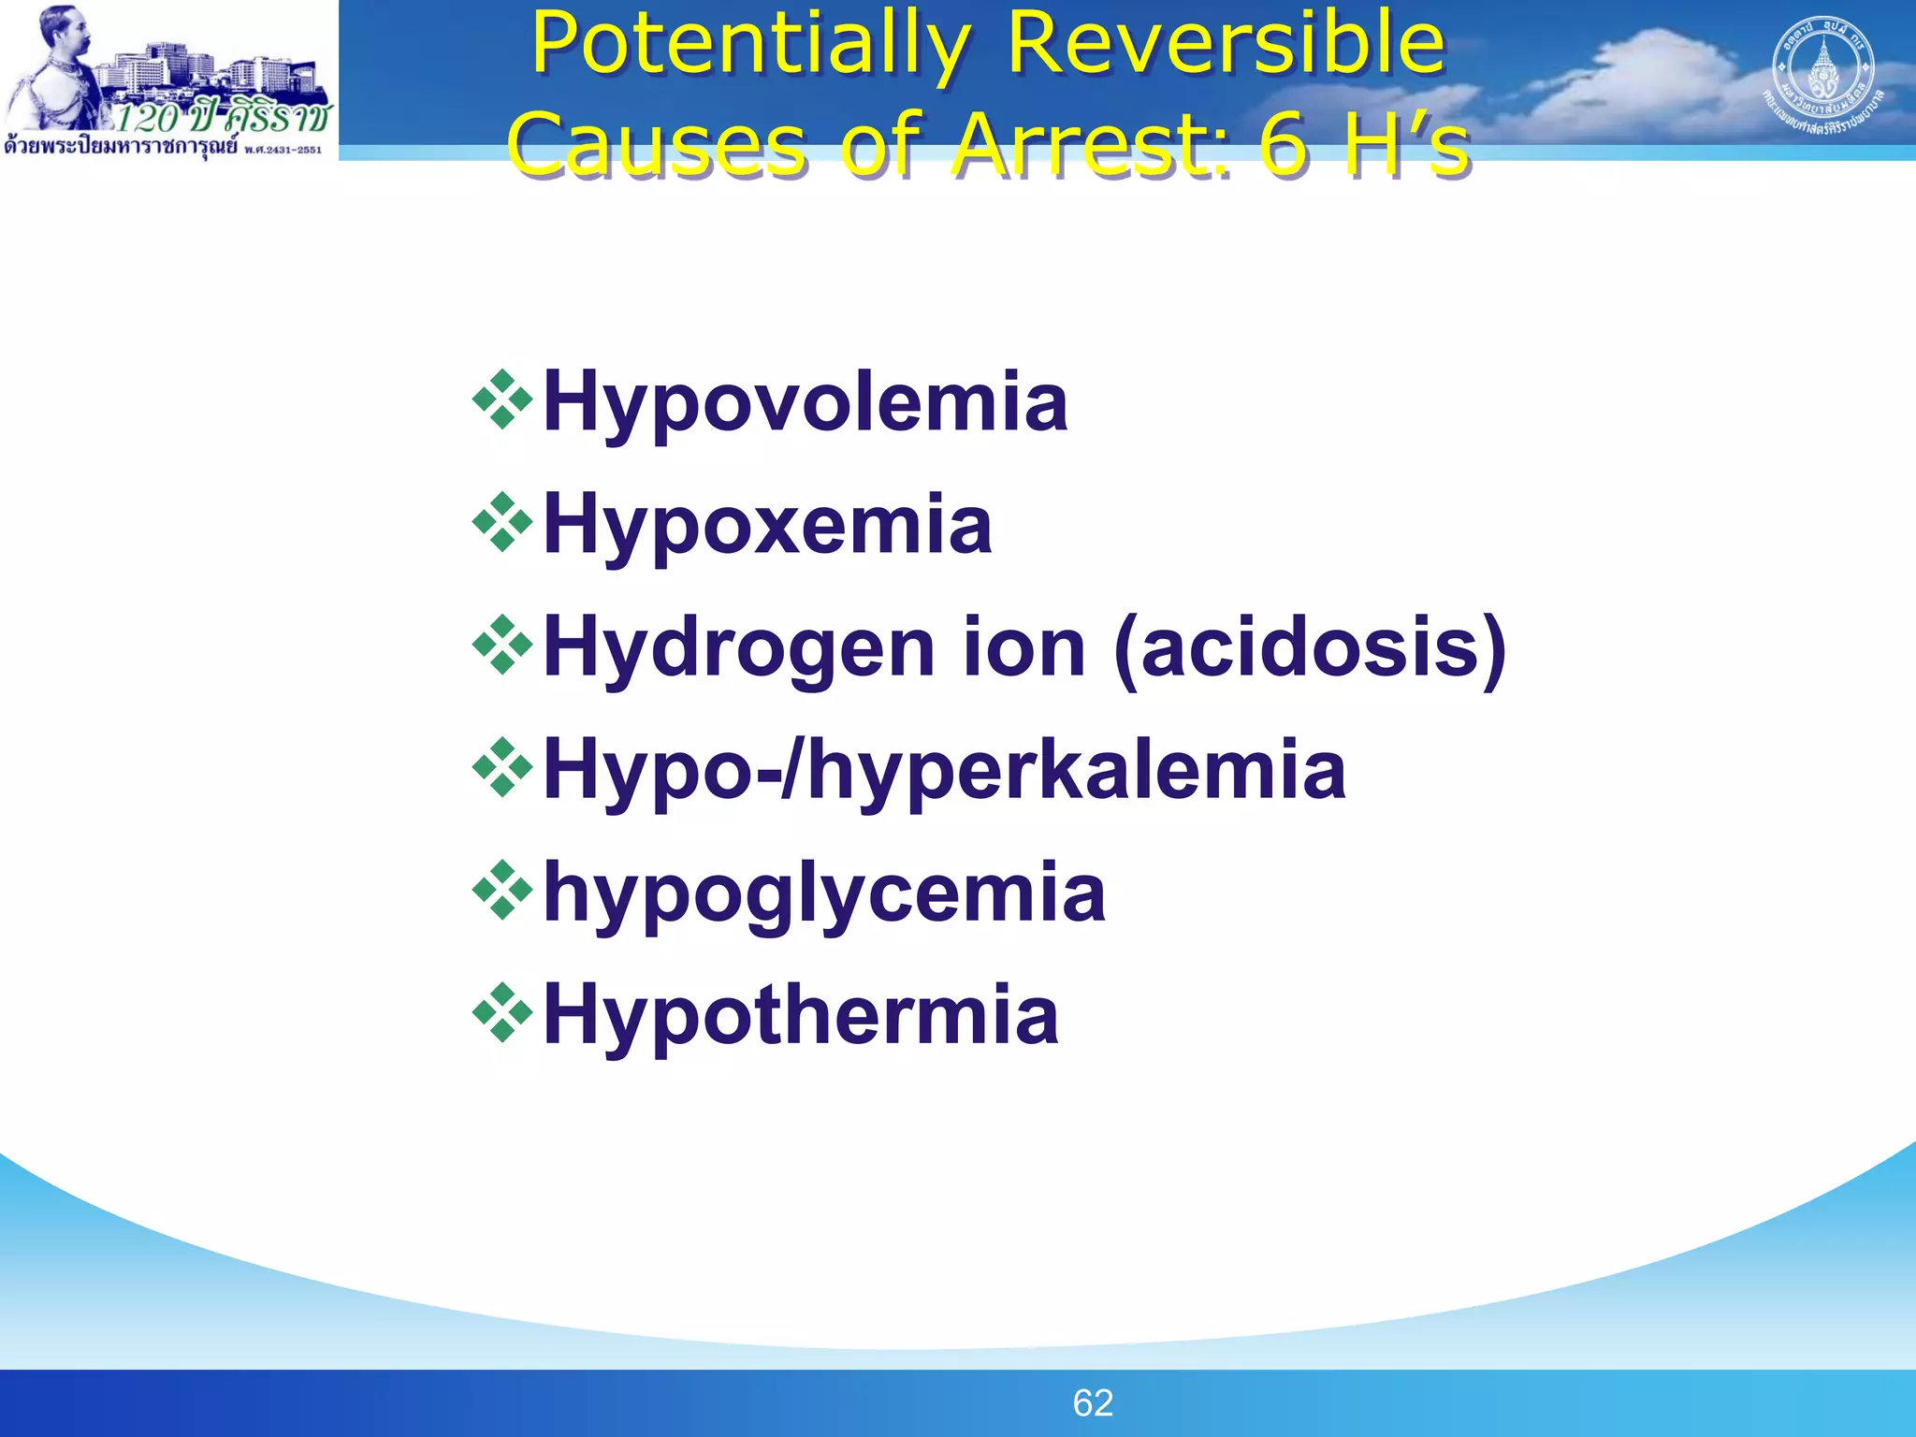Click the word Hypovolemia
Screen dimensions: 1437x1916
point(805,402)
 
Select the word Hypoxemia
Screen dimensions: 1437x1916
point(767,525)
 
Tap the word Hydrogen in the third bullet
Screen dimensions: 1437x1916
point(739,647)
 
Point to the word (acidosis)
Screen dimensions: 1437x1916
point(1311,647)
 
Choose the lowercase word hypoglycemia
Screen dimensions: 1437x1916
point(824,893)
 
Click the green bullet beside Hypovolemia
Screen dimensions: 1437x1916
point(502,400)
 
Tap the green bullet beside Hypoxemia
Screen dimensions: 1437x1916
point(502,523)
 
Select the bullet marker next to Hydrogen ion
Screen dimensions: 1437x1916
point(502,646)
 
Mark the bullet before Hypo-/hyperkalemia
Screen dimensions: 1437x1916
point(502,768)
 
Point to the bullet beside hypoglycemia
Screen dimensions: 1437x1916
point(502,891)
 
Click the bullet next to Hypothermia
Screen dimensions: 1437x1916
point(502,1013)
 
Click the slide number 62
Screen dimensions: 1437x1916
point(1093,1403)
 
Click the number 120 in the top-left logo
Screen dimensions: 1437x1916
point(149,118)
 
